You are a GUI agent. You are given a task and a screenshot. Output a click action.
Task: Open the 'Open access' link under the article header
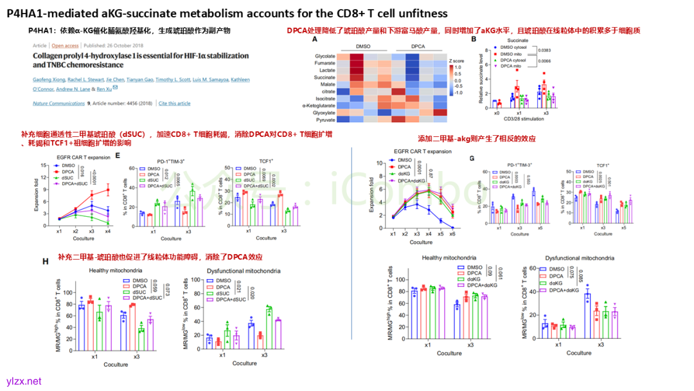(x=65, y=46)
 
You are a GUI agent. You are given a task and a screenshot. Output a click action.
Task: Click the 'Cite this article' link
(x=174, y=103)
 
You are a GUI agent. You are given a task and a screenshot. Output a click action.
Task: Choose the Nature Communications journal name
(x=55, y=103)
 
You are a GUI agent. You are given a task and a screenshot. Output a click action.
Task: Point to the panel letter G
(x=472, y=158)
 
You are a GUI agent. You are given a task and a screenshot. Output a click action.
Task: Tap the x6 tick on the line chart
(x=454, y=235)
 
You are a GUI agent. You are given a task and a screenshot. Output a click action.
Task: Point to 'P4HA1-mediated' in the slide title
(x=48, y=13)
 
